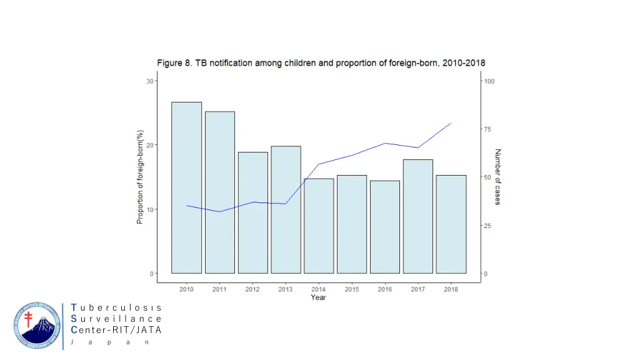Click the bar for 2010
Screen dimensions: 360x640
186,187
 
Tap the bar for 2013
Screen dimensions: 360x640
286,209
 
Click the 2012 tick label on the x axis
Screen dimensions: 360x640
252,289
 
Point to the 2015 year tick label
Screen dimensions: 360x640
352,289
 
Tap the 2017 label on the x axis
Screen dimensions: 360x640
418,289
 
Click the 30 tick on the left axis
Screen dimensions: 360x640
150,81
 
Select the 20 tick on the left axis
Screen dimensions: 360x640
150,145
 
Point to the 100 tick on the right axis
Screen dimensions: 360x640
490,81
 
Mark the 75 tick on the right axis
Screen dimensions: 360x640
489,129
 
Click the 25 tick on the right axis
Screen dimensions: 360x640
489,226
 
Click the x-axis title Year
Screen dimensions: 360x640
318,297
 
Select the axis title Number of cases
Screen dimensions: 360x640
498,177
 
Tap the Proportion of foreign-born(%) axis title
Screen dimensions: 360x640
141,177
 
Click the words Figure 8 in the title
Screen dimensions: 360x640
174,63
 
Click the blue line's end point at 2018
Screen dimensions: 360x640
451,123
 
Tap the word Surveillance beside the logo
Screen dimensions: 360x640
117,319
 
